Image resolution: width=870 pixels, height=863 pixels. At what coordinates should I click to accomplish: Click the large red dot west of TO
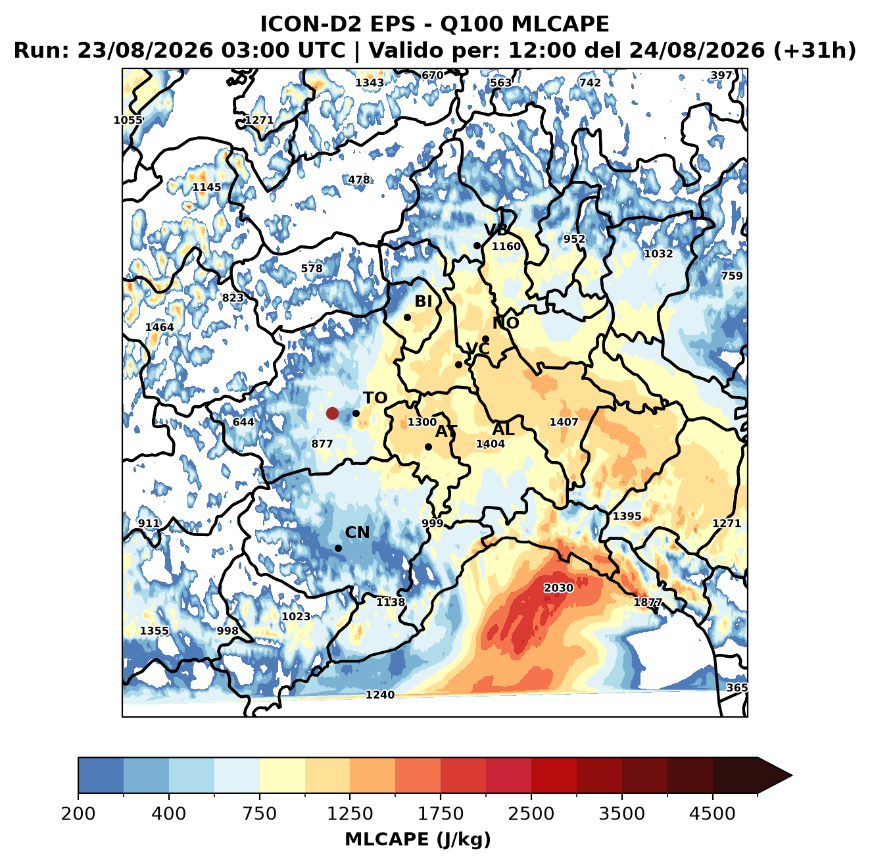[x=332, y=413]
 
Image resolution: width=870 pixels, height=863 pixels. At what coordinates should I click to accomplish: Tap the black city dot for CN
[x=338, y=548]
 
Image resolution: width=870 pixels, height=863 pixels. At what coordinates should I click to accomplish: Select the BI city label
[x=423, y=301]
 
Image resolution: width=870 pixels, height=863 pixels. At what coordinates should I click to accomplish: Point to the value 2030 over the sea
[x=558, y=587]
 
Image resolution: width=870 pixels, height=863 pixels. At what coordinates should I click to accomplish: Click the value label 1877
[x=648, y=602]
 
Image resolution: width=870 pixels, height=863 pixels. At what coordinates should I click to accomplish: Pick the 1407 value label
[x=564, y=422]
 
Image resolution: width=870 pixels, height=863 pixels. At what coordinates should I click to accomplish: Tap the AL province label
[x=503, y=429]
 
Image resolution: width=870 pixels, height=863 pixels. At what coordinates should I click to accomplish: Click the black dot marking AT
[x=428, y=447]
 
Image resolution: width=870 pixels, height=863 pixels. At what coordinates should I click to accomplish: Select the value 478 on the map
[x=359, y=180]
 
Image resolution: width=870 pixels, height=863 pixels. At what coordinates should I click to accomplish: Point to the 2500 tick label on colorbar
[x=531, y=813]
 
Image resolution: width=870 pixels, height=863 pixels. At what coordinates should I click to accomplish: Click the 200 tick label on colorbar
[x=78, y=813]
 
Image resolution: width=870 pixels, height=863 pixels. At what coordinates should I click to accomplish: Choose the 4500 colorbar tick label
[x=712, y=813]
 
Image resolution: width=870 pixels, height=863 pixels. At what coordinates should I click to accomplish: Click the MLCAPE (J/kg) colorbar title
[x=418, y=839]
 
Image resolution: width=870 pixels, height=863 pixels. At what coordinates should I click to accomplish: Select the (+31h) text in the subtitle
[x=814, y=51]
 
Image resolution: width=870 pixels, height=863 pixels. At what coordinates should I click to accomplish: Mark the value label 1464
[x=159, y=327]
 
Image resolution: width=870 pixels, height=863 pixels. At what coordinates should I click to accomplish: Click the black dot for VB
[x=477, y=245]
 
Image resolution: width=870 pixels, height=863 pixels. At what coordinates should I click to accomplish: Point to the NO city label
[x=505, y=324]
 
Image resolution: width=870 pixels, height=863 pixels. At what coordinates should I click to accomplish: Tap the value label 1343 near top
[x=370, y=83]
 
